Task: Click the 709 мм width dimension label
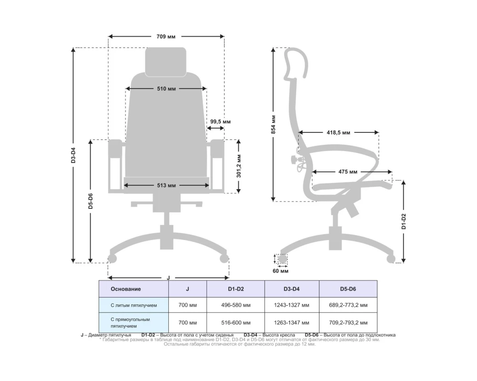[x=166, y=37]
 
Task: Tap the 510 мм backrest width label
[x=166, y=89]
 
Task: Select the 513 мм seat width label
[x=166, y=185]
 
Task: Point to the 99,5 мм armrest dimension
[x=220, y=122]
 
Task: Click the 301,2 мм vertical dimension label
[x=239, y=166]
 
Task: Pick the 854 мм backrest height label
[x=273, y=125]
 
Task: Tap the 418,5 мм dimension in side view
[x=338, y=132]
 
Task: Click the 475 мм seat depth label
[x=348, y=172]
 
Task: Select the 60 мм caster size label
[x=280, y=271]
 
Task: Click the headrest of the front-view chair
[x=166, y=62]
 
